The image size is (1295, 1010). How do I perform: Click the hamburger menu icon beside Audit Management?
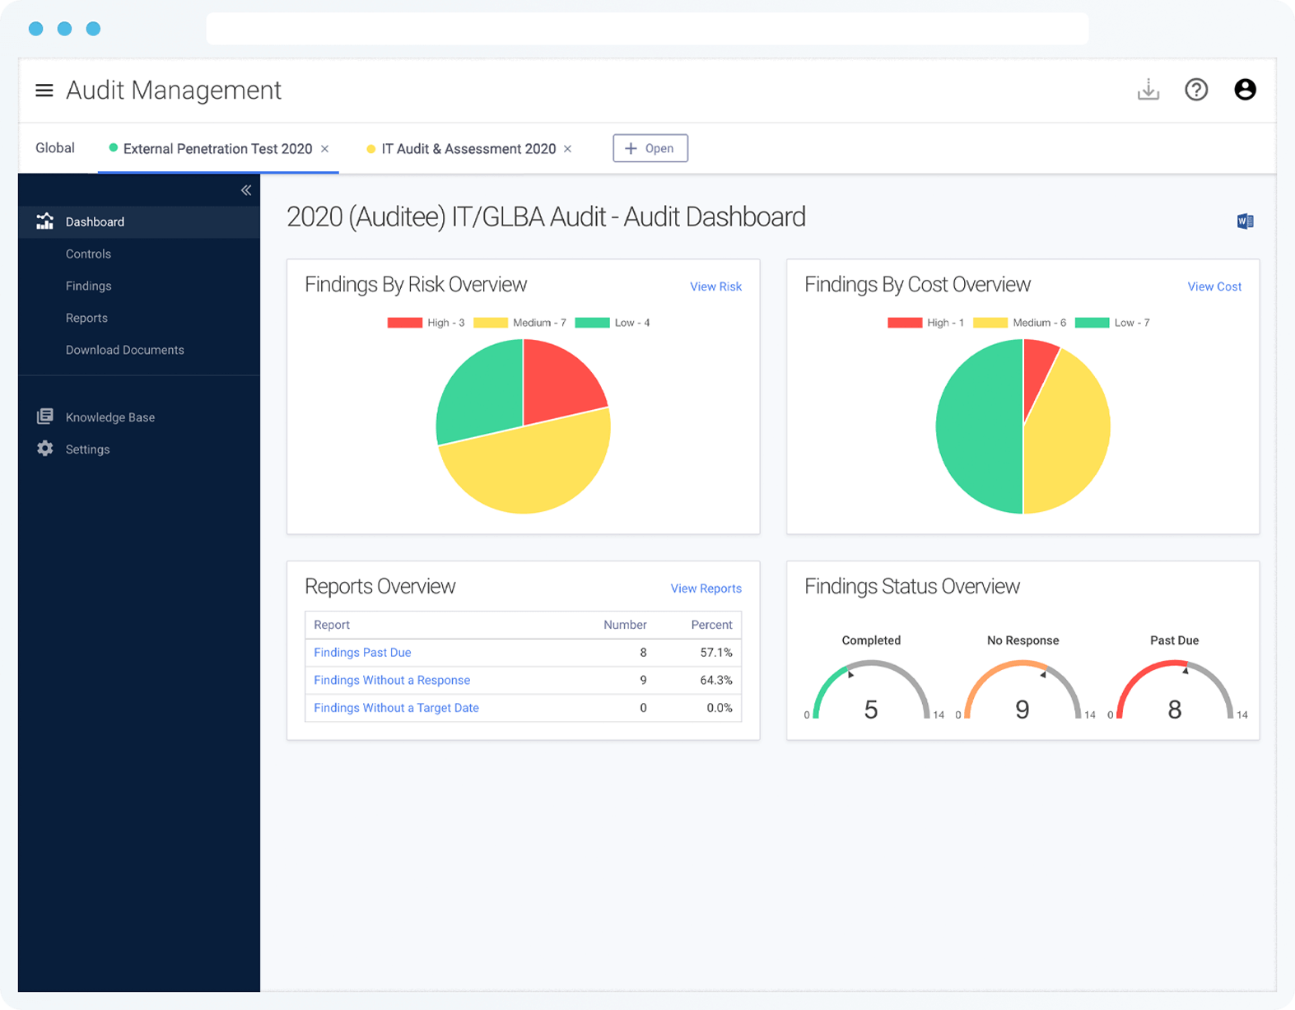point(44,90)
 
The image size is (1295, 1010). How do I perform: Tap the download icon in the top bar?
point(1148,90)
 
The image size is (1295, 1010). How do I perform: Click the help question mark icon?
point(1195,90)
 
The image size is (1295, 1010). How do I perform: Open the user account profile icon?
point(1244,90)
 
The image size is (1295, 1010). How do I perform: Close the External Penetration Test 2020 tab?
point(325,149)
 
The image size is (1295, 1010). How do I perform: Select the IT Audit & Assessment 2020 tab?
point(468,149)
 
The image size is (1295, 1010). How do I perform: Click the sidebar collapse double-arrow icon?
point(245,190)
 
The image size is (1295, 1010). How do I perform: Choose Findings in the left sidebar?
point(88,286)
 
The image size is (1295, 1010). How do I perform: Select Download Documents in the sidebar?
point(124,350)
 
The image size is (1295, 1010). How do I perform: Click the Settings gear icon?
point(45,449)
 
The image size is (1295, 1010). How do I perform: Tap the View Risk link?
point(715,286)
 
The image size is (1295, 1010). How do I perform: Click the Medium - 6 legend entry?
point(1021,323)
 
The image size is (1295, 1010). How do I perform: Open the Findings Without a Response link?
point(392,680)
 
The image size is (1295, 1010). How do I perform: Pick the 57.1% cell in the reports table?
point(715,652)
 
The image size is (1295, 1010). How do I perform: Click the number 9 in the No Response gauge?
point(1022,710)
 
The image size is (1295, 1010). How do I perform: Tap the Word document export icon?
point(1244,221)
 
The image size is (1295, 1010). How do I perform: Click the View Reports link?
point(706,589)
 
